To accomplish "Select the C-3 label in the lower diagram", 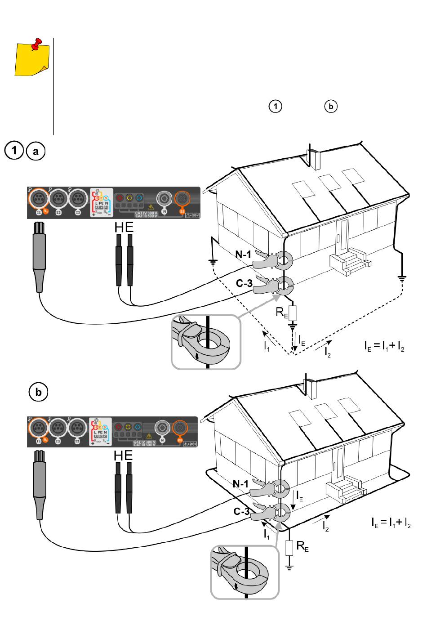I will click(x=242, y=512).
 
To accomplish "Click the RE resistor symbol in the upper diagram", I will click(x=292, y=312).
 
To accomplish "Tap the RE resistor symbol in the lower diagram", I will click(x=290, y=547).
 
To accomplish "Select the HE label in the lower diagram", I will click(x=124, y=455).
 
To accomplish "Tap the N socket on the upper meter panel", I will click(x=164, y=198).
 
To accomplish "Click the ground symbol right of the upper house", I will click(x=402, y=278).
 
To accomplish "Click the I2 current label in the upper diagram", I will click(x=328, y=352).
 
